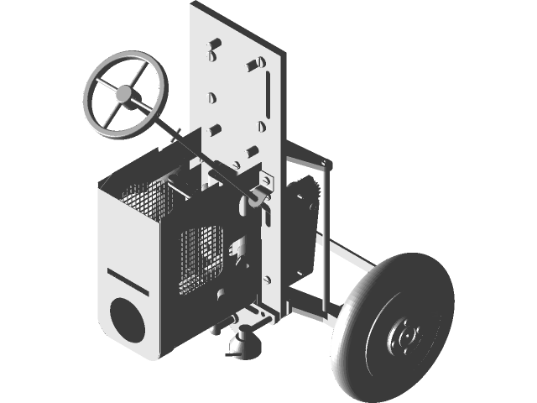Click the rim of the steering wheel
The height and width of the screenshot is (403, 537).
(x=93, y=117)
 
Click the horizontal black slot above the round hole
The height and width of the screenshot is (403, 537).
(x=128, y=280)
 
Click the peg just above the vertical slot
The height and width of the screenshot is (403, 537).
(x=251, y=65)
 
